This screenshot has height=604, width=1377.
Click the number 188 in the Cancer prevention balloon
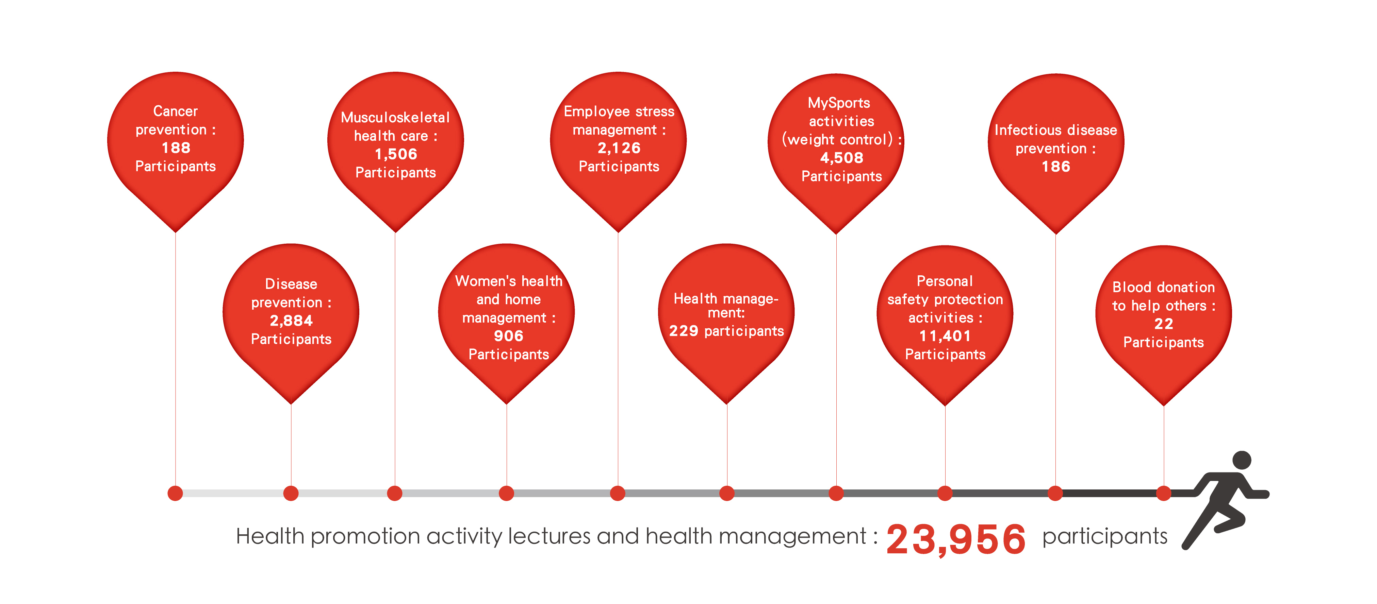coord(176,148)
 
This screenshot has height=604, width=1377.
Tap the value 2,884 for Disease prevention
coord(291,321)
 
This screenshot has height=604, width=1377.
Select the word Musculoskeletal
coord(396,118)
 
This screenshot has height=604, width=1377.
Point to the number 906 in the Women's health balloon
coord(508,336)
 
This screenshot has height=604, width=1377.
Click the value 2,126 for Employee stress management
coord(619,148)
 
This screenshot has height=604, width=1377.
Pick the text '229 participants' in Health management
coord(726,331)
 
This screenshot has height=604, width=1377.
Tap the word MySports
coord(839,103)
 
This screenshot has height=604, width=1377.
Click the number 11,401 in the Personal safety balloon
coord(945,336)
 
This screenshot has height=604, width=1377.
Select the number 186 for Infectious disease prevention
coord(1056,167)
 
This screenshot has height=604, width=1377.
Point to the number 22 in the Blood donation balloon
coord(1164,324)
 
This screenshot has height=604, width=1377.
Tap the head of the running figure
coord(1242,460)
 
